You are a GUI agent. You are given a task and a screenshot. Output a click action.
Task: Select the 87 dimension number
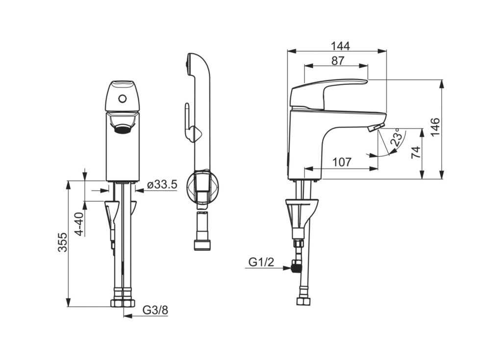coord(337,60)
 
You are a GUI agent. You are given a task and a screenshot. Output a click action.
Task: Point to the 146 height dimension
coord(435,127)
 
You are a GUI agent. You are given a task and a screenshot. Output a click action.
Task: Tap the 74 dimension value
coord(416,152)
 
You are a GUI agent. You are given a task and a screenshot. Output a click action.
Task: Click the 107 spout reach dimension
coord(342,162)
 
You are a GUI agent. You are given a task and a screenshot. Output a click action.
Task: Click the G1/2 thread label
coord(262,262)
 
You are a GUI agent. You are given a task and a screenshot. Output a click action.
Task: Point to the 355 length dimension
coord(63,242)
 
